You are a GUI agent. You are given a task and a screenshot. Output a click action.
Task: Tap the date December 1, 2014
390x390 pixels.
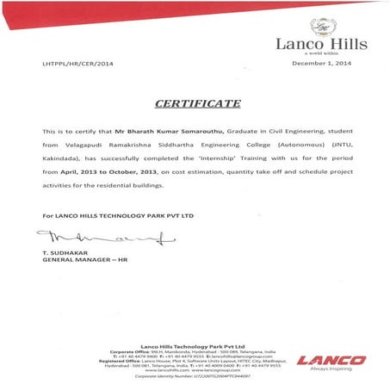321,64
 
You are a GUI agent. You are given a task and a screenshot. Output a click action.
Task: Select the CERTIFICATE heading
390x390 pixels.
198,103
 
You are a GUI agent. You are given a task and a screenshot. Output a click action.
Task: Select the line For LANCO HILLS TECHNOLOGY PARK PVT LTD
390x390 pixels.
108,212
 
